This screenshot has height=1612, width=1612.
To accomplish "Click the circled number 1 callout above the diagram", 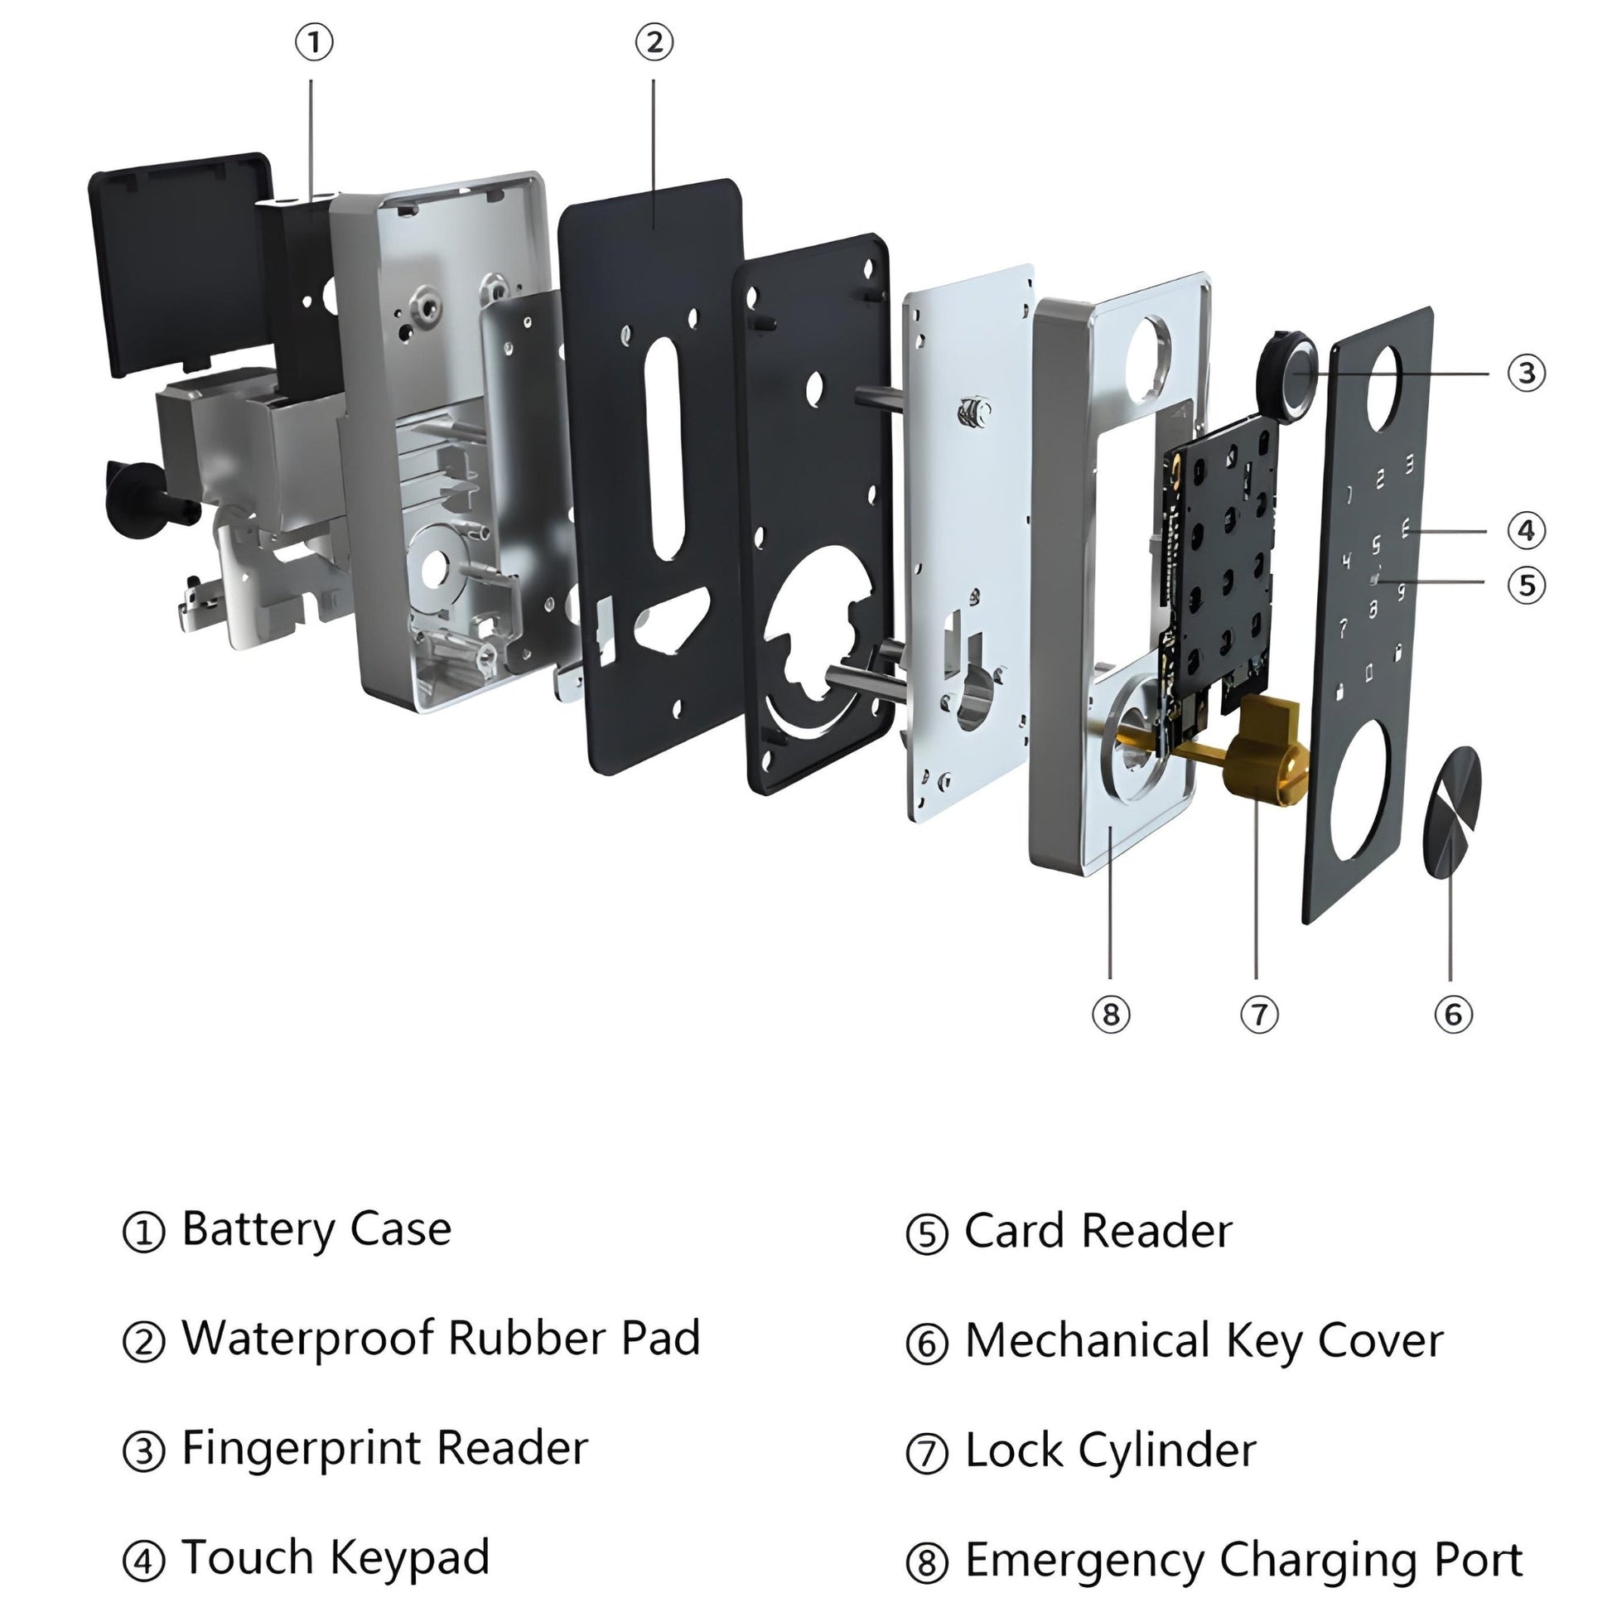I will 315,42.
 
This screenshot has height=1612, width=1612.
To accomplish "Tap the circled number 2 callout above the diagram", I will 654,42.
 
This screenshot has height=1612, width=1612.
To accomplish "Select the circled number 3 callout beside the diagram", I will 1526,373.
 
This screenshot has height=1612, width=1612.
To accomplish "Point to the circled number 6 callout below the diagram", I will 1453,1015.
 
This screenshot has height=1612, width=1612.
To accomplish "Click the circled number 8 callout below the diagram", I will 1111,1015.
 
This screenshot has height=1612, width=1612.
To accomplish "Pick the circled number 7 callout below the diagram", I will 1259,1015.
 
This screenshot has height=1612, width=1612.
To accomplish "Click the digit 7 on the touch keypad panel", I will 1344,626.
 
